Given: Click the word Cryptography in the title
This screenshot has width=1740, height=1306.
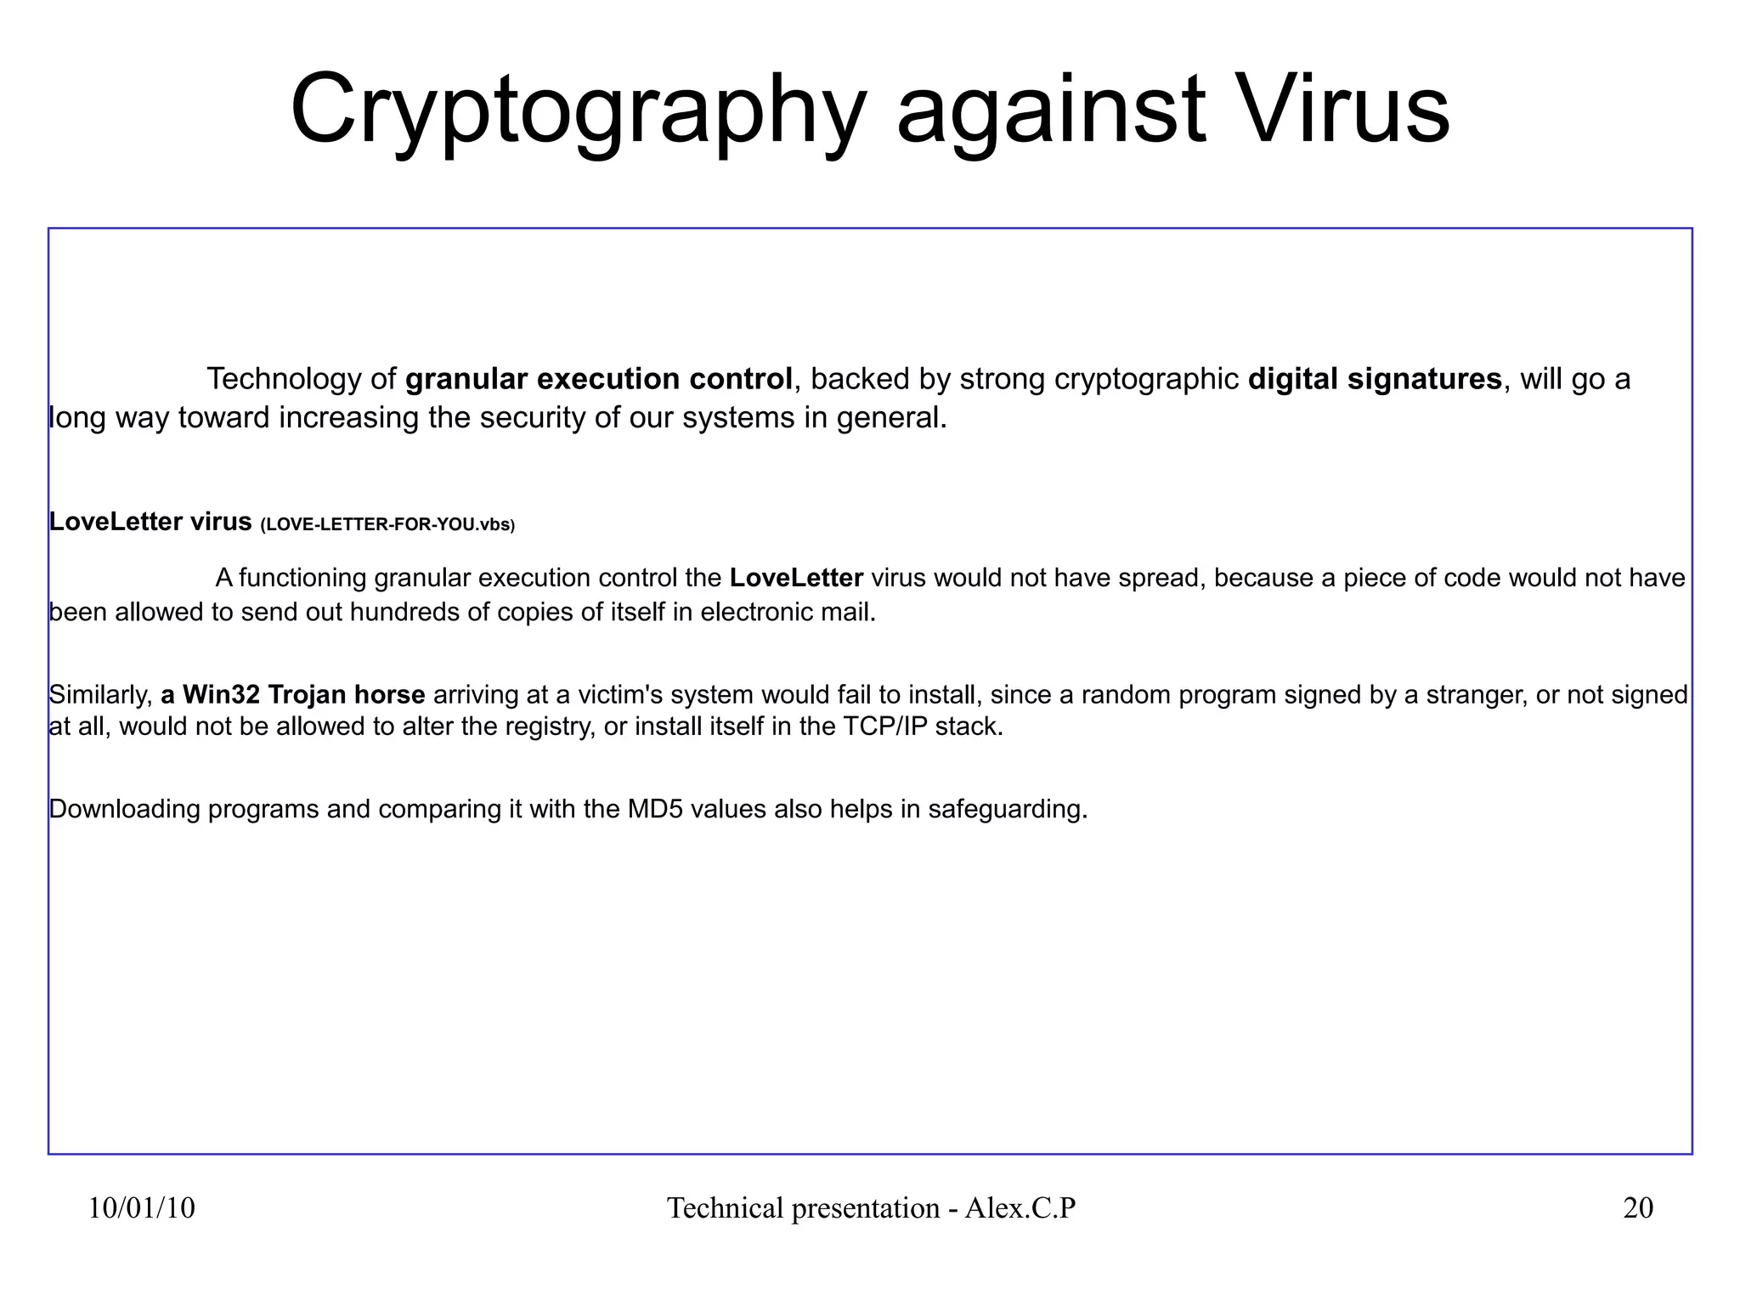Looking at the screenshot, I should pos(578,110).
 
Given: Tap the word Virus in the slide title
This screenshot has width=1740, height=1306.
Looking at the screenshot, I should pos(1342,110).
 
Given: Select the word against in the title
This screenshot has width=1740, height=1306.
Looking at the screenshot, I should pos(1051,110).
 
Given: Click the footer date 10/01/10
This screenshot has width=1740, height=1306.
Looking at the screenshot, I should pos(142,1208).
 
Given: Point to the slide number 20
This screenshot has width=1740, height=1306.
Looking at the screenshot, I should pos(1638,1208).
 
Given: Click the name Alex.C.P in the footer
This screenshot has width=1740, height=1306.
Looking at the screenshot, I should pos(1020,1208).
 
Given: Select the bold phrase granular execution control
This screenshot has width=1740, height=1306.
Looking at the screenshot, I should pos(599,379).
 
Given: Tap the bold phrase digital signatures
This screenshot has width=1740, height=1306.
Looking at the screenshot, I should pos(1375,379).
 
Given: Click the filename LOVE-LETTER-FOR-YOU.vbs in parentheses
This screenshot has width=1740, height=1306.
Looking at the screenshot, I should pos(387,525).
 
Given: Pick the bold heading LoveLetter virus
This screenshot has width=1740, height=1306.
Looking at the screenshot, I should pos(150,522).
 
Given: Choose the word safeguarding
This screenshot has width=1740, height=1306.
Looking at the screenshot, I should pos(1007,809).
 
